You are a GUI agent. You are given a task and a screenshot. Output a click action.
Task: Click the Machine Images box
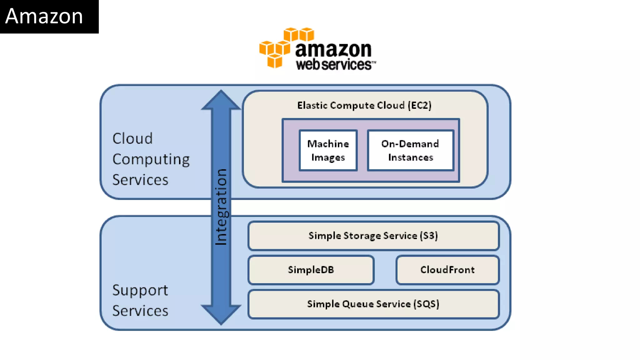tap(328, 150)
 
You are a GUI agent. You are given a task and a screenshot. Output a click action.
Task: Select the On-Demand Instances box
tap(410, 150)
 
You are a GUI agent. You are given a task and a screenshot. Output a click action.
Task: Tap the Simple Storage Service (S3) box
tap(373, 236)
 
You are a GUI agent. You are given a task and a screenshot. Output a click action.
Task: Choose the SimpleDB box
tap(311, 270)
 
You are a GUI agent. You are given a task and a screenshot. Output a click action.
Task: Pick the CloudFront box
tap(447, 270)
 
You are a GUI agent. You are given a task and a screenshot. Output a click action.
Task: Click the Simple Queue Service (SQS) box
tap(373, 304)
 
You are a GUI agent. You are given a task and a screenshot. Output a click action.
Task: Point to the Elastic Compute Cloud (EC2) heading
tap(364, 105)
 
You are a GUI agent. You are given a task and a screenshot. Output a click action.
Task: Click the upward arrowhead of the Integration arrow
tap(221, 100)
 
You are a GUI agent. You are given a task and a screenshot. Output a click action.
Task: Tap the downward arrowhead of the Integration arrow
tap(221, 314)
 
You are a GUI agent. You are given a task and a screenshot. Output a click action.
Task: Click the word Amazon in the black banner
tap(44, 16)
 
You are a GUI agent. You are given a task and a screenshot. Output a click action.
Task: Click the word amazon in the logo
tap(333, 49)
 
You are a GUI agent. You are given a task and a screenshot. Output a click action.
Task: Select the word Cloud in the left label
tap(132, 138)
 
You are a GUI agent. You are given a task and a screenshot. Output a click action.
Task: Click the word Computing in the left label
tap(151, 159)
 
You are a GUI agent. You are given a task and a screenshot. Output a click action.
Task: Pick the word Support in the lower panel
tap(140, 290)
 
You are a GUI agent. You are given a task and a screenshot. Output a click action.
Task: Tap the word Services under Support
tap(140, 311)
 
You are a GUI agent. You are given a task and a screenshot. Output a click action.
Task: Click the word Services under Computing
tap(140, 180)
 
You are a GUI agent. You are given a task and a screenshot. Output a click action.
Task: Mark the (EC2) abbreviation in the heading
tap(420, 105)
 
